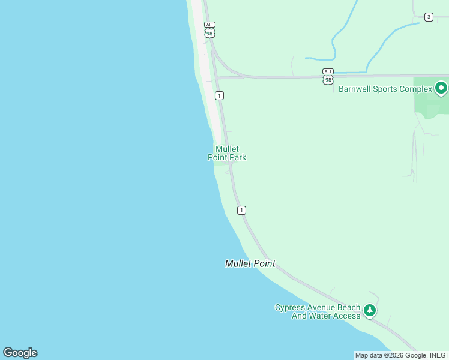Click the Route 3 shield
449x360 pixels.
tap(429, 17)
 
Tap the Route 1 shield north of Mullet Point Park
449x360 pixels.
tap(220, 96)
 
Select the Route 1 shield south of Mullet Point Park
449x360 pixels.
tap(241, 210)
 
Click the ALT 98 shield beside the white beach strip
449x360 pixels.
tap(209, 30)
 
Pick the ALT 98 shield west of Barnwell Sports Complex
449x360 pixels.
tap(328, 76)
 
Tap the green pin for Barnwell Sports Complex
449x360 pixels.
tap(441, 88)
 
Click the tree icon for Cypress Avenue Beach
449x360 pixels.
tap(370, 310)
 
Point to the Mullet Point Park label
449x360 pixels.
tap(227, 153)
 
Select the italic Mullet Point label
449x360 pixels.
tap(250, 263)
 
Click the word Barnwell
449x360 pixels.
tap(357, 89)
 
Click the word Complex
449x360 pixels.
tap(416, 89)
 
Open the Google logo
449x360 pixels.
tap(20, 353)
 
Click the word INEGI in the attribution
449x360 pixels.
tap(438, 355)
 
